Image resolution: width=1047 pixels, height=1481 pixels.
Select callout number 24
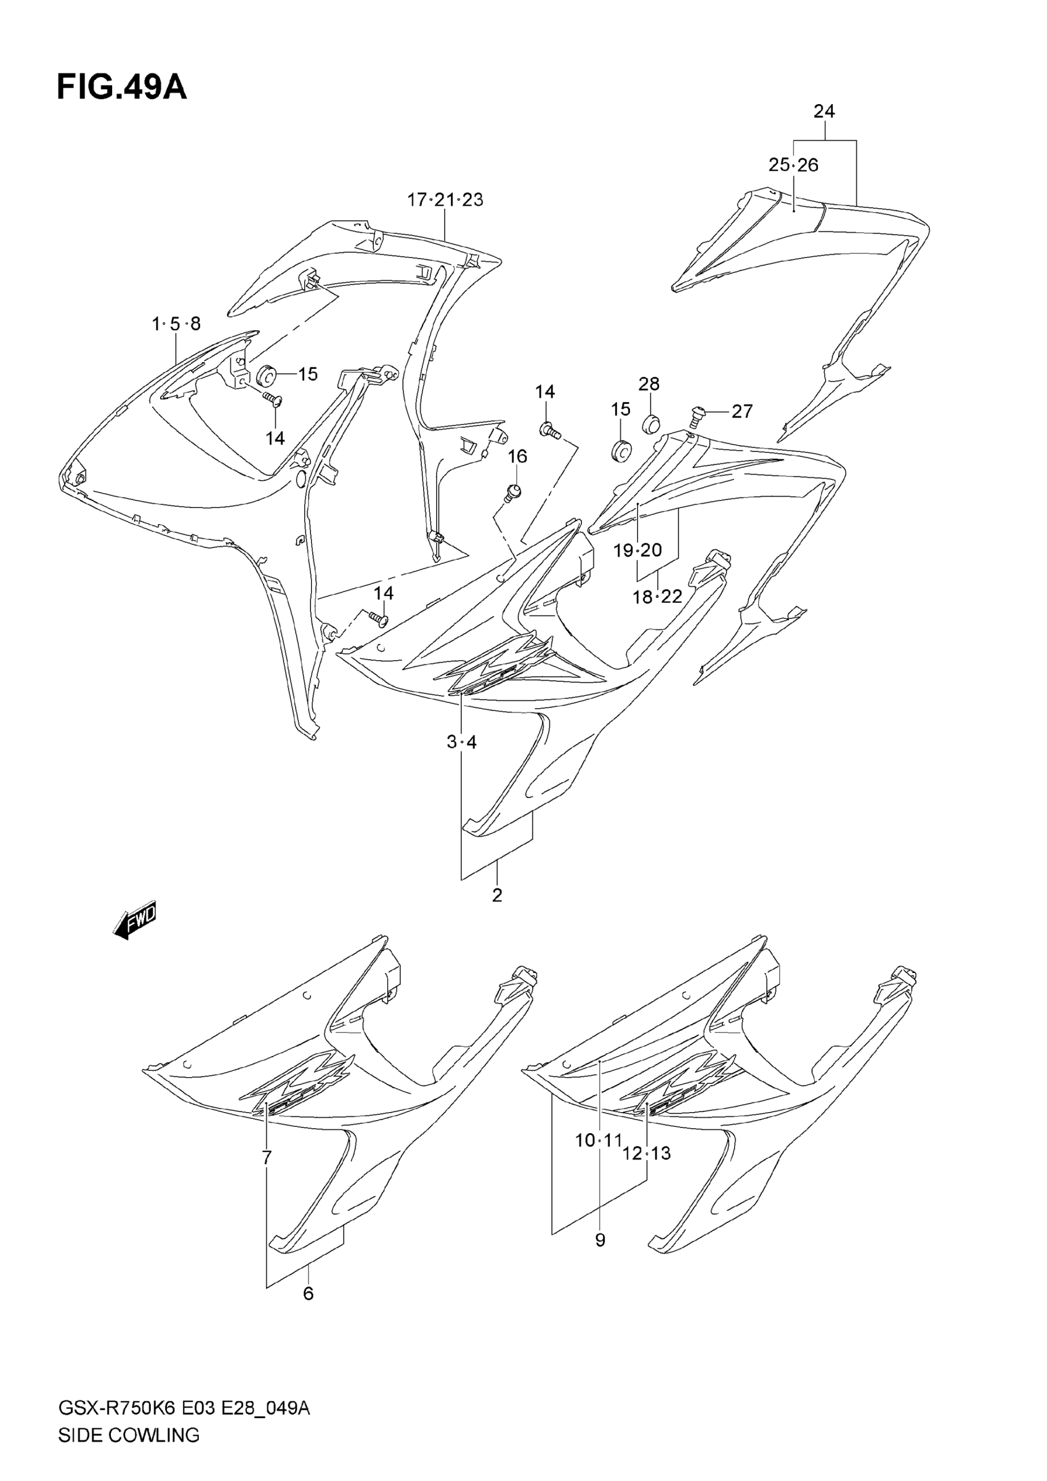tap(824, 111)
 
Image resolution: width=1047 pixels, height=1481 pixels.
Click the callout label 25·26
tap(793, 165)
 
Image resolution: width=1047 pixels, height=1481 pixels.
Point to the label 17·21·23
tap(445, 200)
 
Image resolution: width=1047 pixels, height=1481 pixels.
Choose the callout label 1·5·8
tap(176, 324)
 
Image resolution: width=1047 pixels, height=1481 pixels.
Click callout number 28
tap(649, 384)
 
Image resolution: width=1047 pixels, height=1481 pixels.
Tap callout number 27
tap(742, 411)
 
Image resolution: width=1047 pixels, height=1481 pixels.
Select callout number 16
tap(517, 456)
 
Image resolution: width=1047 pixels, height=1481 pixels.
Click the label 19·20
tap(637, 550)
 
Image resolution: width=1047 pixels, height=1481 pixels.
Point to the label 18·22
tap(657, 597)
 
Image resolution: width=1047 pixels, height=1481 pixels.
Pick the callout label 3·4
tap(461, 743)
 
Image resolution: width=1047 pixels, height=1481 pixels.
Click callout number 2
tap(497, 895)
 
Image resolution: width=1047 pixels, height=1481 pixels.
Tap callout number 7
tap(267, 1158)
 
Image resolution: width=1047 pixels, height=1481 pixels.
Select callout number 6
tap(309, 1293)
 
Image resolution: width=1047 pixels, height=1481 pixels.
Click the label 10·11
tap(597, 1140)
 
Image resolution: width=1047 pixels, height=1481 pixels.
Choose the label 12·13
tap(647, 1153)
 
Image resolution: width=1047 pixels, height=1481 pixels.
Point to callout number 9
tap(600, 1240)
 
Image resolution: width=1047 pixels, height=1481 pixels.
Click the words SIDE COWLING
tap(128, 1436)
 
